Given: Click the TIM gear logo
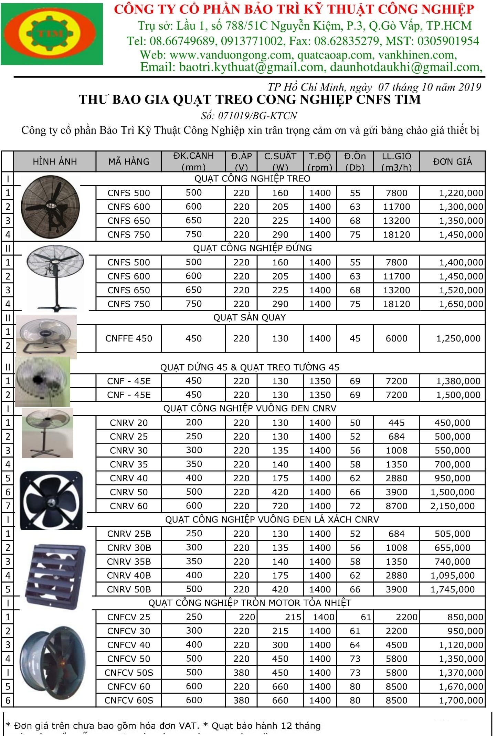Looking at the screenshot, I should tap(52, 34).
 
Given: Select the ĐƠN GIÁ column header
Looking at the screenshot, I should tap(452, 161).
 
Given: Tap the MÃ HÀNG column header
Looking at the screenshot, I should tap(129, 161).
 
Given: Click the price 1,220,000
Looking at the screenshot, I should tap(461, 193).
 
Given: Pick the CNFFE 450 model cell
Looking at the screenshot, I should tap(129, 338).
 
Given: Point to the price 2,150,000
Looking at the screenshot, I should tap(452, 506).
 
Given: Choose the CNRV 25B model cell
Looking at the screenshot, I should tap(129, 534).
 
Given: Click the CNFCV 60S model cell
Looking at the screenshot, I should tap(129, 700).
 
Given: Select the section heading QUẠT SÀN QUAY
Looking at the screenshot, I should tap(250, 317).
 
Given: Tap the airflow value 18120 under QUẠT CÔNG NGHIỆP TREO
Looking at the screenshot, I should tap(396, 235).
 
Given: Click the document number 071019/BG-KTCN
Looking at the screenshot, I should tap(257, 116).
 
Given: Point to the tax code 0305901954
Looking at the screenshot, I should tap(448, 41).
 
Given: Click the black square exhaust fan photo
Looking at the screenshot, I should tap(52, 500).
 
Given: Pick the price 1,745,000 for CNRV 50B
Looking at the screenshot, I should tap(452, 589).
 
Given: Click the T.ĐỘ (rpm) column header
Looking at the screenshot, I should tap(320, 161).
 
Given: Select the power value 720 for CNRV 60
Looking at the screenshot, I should tap(280, 506).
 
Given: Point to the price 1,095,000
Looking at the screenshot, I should tap(452, 575).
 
